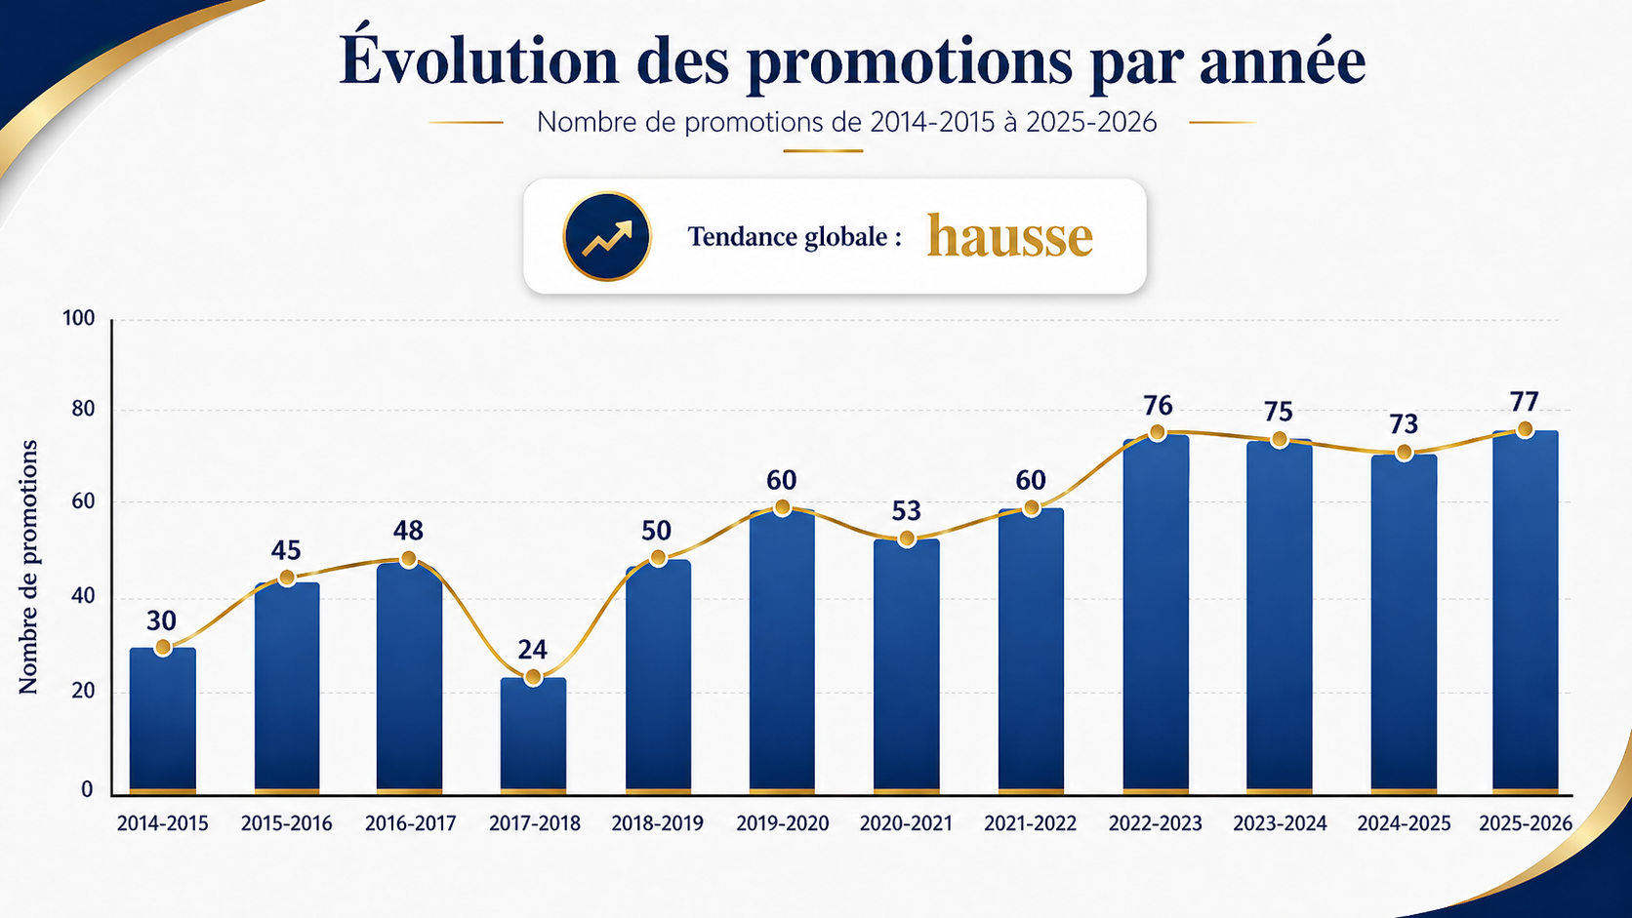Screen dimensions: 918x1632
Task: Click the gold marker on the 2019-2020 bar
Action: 782,507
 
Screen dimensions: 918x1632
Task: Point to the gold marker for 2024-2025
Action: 1404,453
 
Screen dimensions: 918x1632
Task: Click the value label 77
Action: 1524,402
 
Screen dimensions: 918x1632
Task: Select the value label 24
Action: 532,650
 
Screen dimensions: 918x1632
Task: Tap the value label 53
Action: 906,511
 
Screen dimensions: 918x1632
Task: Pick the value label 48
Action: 408,531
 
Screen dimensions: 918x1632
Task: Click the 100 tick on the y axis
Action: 79,318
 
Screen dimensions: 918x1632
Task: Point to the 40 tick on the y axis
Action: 83,597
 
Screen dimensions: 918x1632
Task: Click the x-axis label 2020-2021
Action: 906,823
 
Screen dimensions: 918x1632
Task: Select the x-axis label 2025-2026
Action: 1526,823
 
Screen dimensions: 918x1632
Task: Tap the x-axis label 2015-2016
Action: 286,823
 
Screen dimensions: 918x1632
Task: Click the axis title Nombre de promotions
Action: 28,567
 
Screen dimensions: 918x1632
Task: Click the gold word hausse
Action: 1009,237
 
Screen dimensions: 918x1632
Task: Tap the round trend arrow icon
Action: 607,237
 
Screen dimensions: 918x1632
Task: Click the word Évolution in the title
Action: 478,60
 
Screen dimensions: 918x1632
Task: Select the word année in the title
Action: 1282,60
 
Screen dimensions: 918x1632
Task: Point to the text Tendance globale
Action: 794,237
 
